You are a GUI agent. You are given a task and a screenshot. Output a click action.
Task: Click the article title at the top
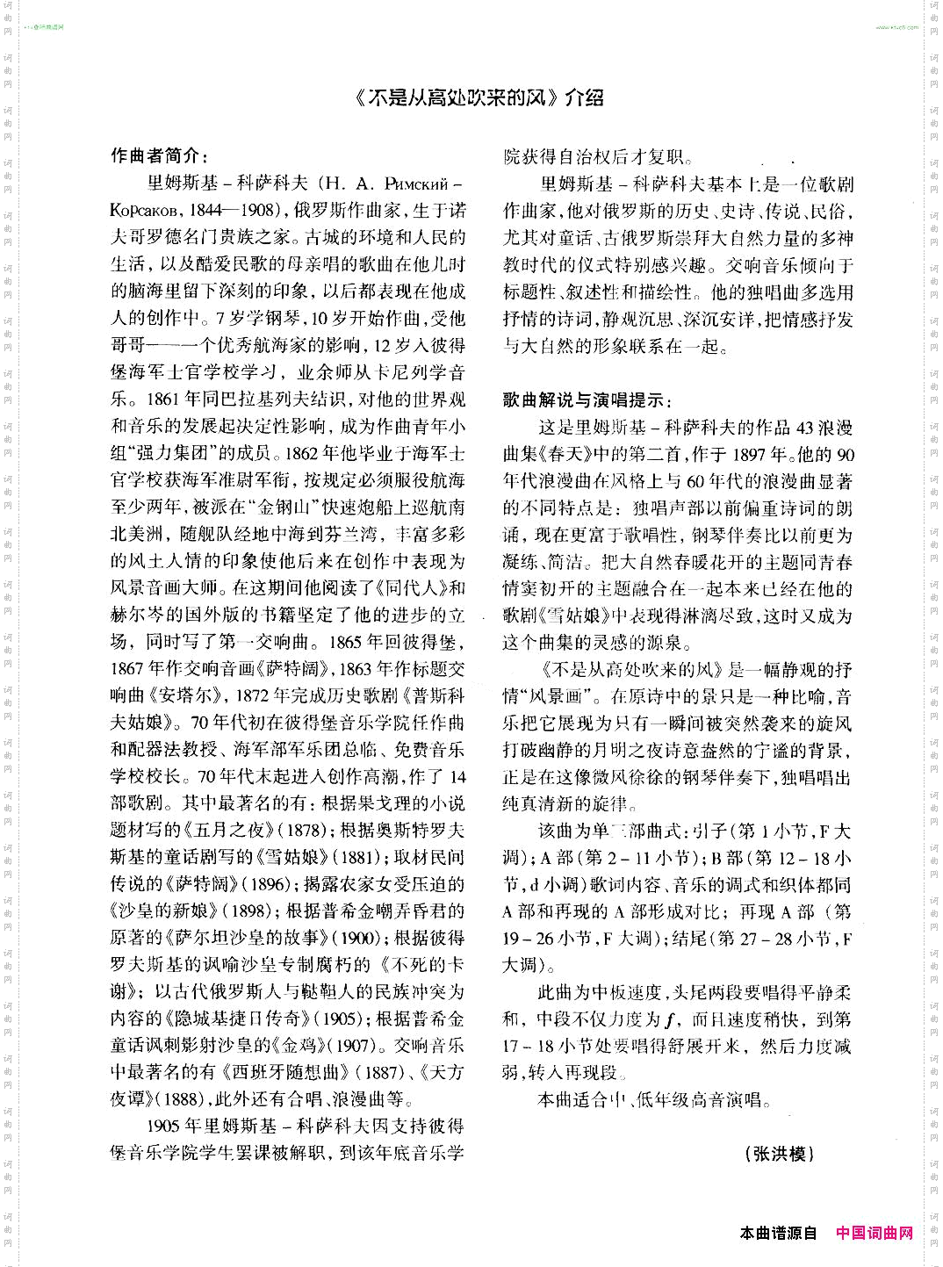tap(479, 97)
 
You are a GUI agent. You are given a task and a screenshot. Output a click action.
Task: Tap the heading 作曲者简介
tap(159, 156)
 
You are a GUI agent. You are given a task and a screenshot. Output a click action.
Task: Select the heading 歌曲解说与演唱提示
tap(587, 400)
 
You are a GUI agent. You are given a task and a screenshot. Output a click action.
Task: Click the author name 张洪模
tap(780, 1154)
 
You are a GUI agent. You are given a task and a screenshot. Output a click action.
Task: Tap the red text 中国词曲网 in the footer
tap(875, 1233)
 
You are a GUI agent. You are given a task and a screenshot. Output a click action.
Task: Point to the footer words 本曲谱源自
tap(778, 1233)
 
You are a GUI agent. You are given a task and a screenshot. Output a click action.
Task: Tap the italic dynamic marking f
tap(669, 1019)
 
